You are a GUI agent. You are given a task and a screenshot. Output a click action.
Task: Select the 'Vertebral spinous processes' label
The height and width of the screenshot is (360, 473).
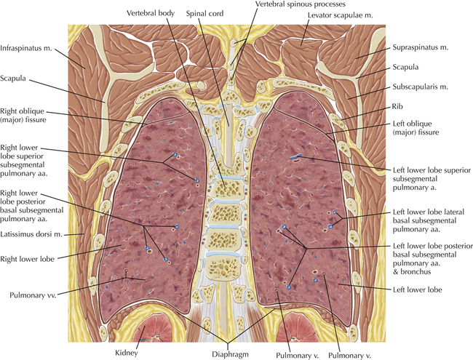click(x=291, y=5)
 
